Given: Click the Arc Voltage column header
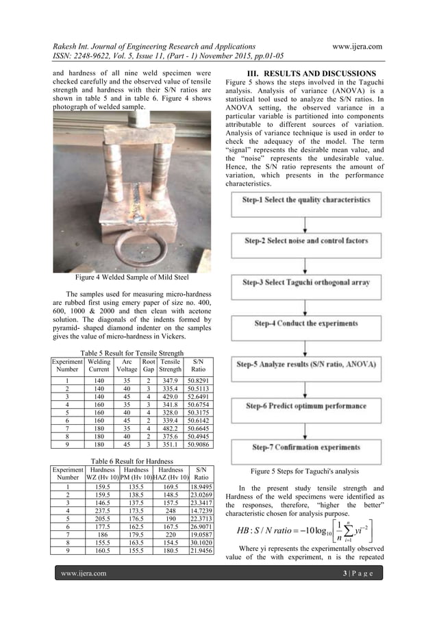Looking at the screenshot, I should click(127, 364).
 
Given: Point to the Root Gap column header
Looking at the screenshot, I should click(149, 364).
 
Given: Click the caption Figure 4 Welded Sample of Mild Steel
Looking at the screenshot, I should click(132, 278).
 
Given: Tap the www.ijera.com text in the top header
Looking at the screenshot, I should click(356, 47).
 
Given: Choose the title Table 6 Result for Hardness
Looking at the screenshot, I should click(132, 461).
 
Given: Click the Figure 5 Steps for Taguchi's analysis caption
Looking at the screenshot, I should click(304, 471).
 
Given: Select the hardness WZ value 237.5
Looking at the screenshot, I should click(102, 510).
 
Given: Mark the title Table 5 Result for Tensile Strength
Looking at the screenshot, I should click(132, 354).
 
